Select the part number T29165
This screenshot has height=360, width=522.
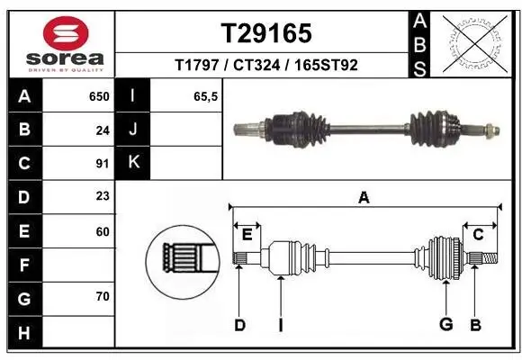(x=266, y=33)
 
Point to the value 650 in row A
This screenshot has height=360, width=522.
(x=98, y=96)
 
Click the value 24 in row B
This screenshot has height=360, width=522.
(x=102, y=130)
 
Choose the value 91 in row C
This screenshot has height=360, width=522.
(x=102, y=163)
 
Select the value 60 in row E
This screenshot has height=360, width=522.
(x=102, y=231)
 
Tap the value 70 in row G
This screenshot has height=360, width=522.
(x=102, y=296)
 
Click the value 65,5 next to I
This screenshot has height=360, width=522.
(x=206, y=96)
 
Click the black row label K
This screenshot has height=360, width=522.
(x=133, y=163)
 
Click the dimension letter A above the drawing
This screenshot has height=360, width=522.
(x=364, y=197)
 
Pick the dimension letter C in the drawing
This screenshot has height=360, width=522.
(x=479, y=234)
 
